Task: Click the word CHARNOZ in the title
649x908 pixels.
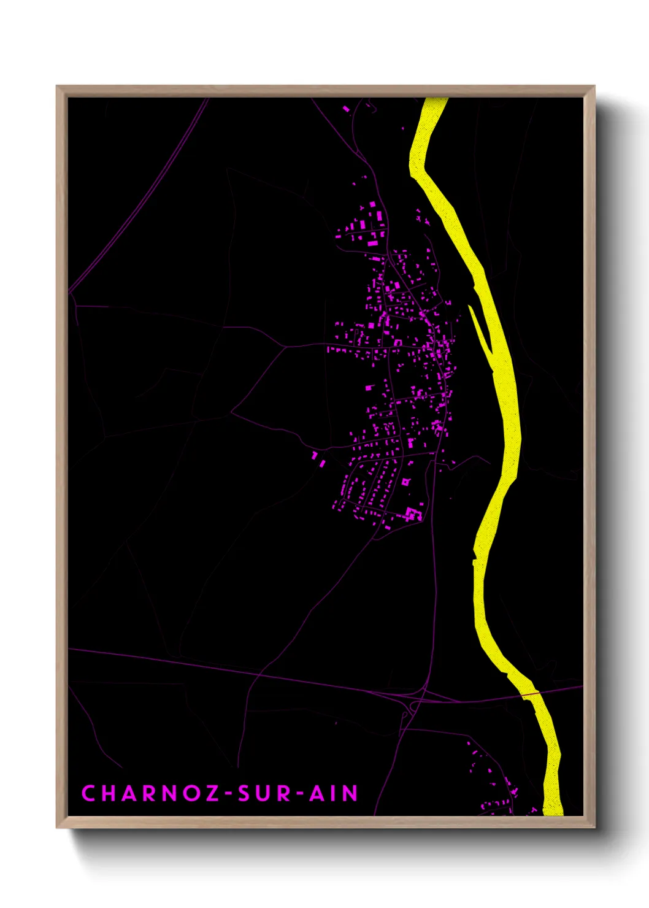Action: (x=150, y=793)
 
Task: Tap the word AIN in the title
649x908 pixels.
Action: (x=333, y=793)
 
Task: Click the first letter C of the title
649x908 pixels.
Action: (x=88, y=793)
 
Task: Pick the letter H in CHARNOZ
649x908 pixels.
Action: (x=109, y=793)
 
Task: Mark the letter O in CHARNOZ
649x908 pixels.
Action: (x=191, y=793)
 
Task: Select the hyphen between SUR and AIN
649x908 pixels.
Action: (x=299, y=794)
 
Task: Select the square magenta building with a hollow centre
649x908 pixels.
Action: (x=405, y=482)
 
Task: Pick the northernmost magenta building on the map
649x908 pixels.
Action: (x=346, y=109)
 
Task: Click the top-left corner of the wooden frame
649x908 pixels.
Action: (x=57, y=87)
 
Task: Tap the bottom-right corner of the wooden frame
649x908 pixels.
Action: (x=594, y=827)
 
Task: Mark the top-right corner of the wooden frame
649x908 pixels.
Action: (x=594, y=87)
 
